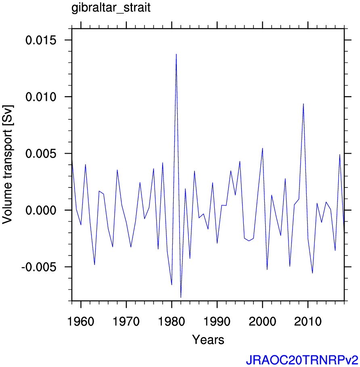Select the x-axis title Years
tap(208, 340)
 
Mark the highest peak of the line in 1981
tap(176, 54)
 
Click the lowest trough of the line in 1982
tap(181, 297)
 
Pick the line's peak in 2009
tap(303, 104)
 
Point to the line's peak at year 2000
tap(262, 148)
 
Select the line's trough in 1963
tap(94, 265)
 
